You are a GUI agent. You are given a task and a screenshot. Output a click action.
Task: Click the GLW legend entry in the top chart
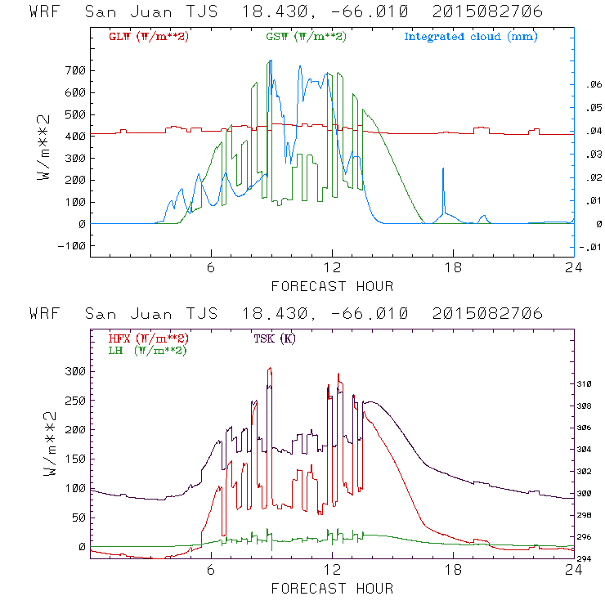[149, 37]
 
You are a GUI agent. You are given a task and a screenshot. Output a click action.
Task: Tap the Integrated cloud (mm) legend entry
[471, 37]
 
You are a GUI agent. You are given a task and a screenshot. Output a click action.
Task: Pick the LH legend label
[147, 350]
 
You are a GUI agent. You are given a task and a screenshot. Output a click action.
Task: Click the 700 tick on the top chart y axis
[75, 69]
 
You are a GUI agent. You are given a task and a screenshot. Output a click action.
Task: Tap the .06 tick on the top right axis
[590, 84]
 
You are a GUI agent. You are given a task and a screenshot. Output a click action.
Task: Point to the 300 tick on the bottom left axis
[75, 370]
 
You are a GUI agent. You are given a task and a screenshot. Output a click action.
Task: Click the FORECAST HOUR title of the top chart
[332, 286]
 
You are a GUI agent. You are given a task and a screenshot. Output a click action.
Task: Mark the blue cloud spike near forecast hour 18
[443, 169]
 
